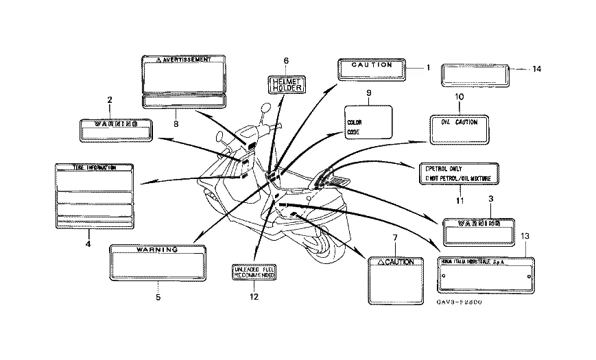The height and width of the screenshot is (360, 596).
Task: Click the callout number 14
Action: (536, 69)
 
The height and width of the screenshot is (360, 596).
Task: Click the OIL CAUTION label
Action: (459, 128)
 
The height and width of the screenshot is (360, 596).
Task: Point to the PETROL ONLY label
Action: (458, 173)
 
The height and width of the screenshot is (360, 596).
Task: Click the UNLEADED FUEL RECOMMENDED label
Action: (254, 272)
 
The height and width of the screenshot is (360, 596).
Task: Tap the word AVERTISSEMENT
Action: (186, 60)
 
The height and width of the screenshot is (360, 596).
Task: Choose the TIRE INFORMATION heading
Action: (93, 167)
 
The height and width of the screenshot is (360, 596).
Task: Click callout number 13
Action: (525, 236)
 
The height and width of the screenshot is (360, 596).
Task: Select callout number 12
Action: (254, 297)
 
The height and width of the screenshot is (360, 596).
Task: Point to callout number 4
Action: (88, 243)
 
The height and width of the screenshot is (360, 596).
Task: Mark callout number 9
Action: (368, 92)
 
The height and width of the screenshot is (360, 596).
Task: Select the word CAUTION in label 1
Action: (372, 65)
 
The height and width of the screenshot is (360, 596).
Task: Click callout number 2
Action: (110, 100)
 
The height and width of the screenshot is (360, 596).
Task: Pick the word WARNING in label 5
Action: (157, 250)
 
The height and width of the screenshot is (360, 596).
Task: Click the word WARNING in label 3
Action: (477, 224)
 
